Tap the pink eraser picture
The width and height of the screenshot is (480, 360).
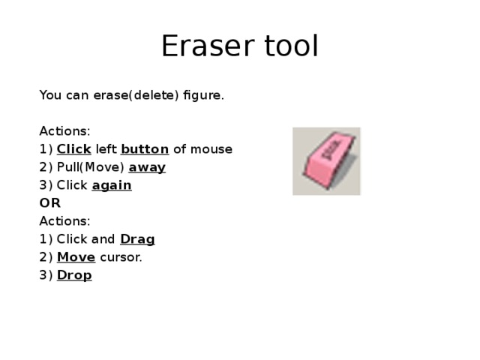pyautogui.click(x=326, y=161)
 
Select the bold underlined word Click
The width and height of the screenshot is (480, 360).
pyautogui.click(x=74, y=149)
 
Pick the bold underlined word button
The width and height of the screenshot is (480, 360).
pyautogui.click(x=144, y=149)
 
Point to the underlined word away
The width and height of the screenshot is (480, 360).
pyautogui.click(x=147, y=167)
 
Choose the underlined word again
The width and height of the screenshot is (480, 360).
pyautogui.click(x=112, y=185)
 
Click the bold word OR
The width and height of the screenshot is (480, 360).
pyautogui.click(x=49, y=203)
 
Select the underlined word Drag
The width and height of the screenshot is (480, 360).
pyautogui.click(x=137, y=239)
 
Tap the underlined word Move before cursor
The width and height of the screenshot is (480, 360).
pyautogui.click(x=76, y=257)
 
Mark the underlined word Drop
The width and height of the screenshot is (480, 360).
pyautogui.click(x=74, y=275)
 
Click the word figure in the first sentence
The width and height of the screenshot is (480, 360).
pyautogui.click(x=203, y=95)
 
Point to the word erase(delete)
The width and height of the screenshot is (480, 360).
pyautogui.click(x=136, y=95)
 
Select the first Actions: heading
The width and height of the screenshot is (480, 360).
pyautogui.click(x=64, y=131)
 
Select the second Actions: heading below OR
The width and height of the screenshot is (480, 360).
pyautogui.click(x=64, y=221)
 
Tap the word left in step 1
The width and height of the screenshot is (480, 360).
pyautogui.click(x=106, y=149)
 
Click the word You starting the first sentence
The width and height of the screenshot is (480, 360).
pyautogui.click(x=49, y=95)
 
